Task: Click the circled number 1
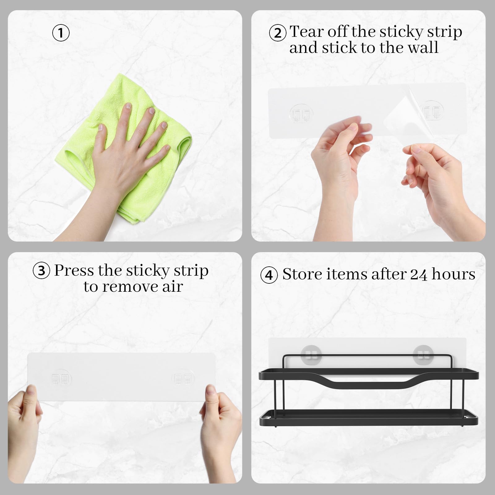click(x=61, y=33)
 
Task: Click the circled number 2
click(x=278, y=33)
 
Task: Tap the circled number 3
click(x=41, y=271)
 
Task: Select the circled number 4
click(x=269, y=275)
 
